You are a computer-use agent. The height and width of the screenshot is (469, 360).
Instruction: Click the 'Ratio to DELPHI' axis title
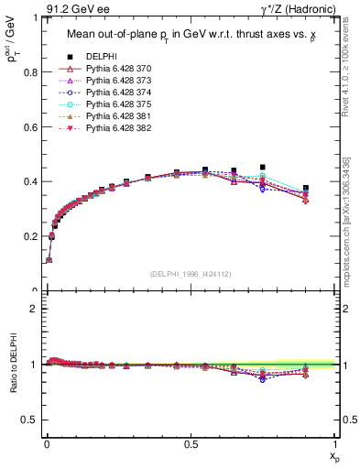click(12, 367)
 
